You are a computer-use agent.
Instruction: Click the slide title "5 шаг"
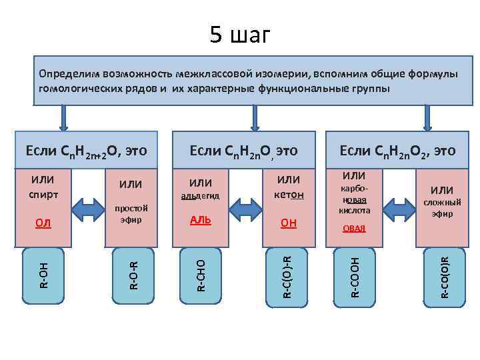click(240, 34)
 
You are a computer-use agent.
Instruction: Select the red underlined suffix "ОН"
click(289, 223)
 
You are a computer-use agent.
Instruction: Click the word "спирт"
click(43, 195)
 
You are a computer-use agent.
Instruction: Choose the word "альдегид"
click(200, 196)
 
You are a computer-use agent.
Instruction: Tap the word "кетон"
click(289, 195)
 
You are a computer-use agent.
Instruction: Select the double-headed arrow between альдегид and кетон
click(244, 209)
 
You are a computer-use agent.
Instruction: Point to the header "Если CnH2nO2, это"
click(397, 151)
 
